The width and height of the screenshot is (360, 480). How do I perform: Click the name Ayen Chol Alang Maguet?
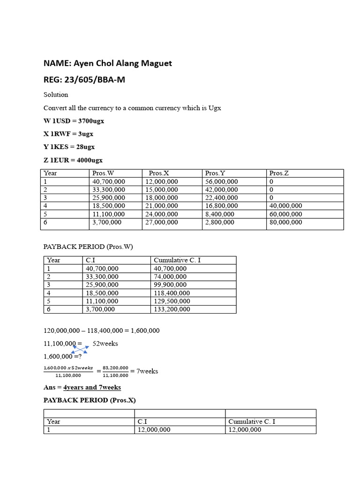121,63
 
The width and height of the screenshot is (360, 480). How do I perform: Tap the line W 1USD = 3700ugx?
74,121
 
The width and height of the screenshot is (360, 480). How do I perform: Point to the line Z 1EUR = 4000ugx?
73,160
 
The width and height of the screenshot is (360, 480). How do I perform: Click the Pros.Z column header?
279,173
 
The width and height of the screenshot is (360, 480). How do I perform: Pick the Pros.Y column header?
216,173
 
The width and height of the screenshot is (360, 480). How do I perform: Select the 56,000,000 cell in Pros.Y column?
221,181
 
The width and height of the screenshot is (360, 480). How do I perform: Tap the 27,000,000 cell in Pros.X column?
162,222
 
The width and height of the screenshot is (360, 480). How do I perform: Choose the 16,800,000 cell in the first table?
221,206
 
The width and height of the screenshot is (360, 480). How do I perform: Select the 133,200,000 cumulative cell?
172,309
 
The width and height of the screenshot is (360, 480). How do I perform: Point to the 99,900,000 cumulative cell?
170,285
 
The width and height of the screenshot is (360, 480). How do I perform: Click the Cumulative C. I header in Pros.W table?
177,260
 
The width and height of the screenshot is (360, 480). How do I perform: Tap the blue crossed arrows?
80,349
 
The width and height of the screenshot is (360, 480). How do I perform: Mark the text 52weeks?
105,344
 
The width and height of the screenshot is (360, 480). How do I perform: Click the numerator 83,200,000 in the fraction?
115,368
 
